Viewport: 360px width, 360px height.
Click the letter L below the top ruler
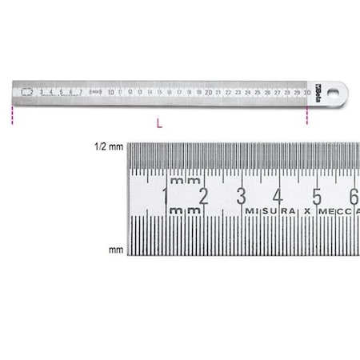coord(161,124)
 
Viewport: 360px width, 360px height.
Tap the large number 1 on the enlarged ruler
coord(166,196)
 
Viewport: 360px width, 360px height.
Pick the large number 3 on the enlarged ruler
coord(241,196)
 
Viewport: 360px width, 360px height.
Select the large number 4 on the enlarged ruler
coord(278,196)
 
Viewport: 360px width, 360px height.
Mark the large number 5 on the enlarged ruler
coord(317,196)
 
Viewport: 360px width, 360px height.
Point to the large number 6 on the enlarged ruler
coord(353,196)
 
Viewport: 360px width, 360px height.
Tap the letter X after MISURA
coord(306,210)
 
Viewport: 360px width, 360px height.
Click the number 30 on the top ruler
coord(306,92)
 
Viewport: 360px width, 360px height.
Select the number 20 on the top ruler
coord(208,92)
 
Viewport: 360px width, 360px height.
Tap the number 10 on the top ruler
coord(110,92)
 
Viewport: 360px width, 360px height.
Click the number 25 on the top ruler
coord(257,92)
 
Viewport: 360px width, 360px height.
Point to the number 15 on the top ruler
coord(159,92)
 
